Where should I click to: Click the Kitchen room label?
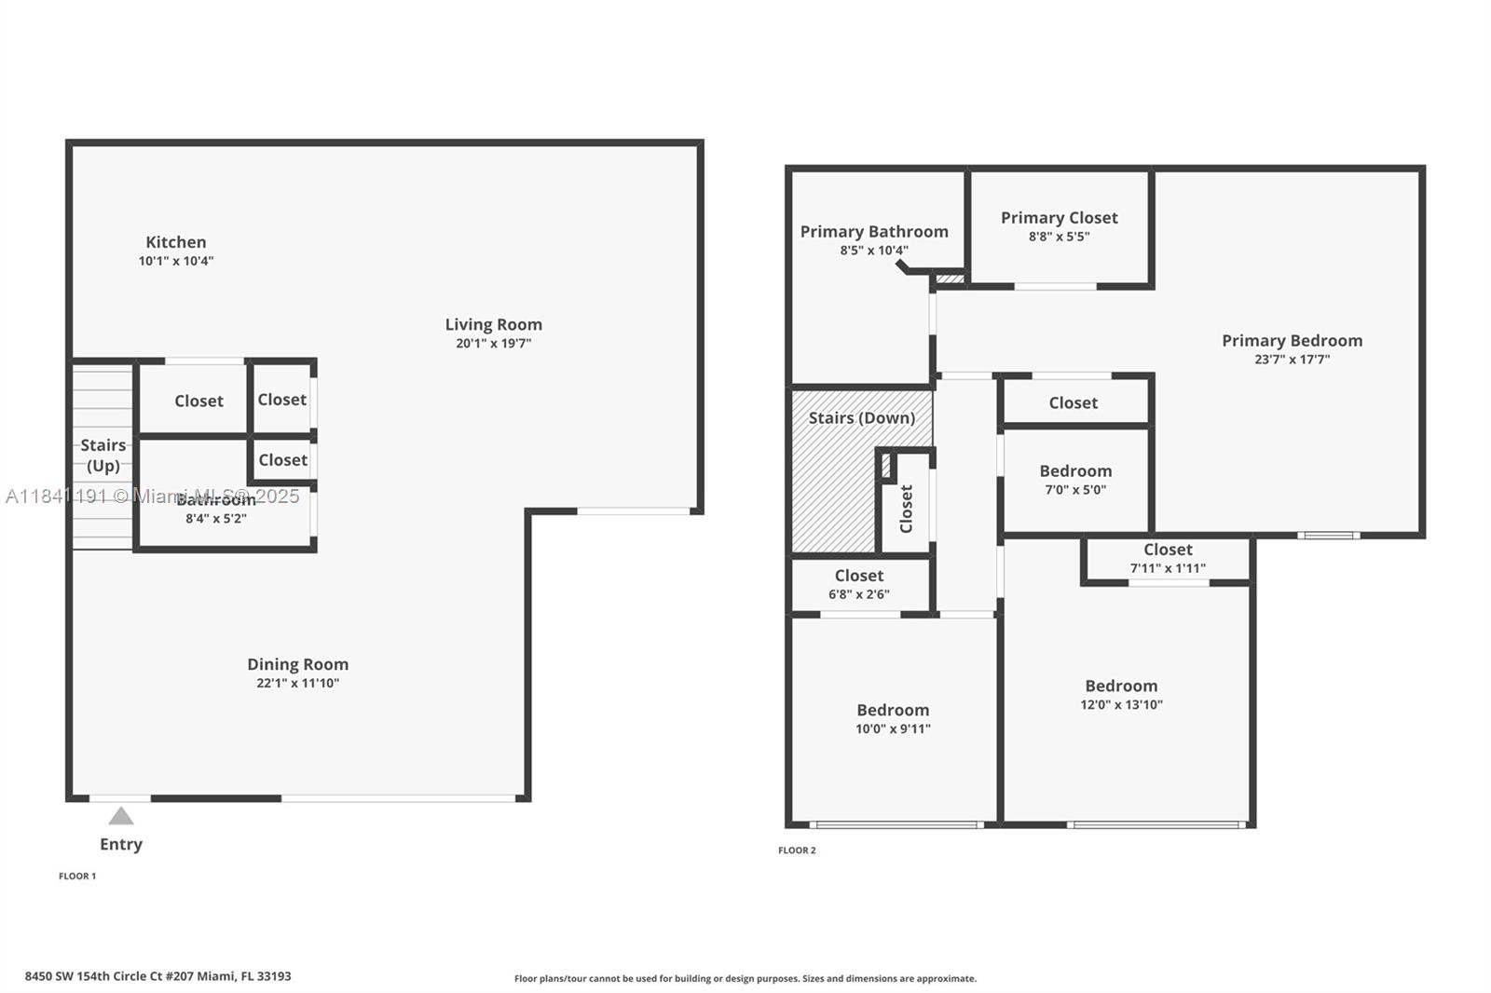coord(175,242)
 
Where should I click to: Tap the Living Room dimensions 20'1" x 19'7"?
coord(493,344)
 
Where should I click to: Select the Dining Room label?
coord(297,664)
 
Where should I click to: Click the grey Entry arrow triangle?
coord(121,817)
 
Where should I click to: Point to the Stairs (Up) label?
coord(103,455)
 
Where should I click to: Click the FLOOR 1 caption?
coord(77,877)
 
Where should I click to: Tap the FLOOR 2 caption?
coord(797,850)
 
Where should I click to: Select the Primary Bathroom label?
coord(873,232)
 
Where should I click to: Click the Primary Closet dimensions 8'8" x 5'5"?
coord(1059,237)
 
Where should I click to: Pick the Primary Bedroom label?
coord(1292,341)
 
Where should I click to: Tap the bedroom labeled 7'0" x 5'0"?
coord(1075,480)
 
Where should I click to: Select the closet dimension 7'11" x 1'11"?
coord(1168,568)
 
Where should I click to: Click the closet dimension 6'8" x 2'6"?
coord(858,594)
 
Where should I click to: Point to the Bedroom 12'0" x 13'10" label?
coord(1121,687)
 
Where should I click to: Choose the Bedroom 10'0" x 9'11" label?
coord(893,711)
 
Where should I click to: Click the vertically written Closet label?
coord(906,509)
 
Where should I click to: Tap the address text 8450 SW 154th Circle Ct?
coord(157,976)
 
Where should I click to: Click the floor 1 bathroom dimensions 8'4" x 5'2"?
coord(215,519)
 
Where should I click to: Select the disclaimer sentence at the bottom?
coord(745,979)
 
